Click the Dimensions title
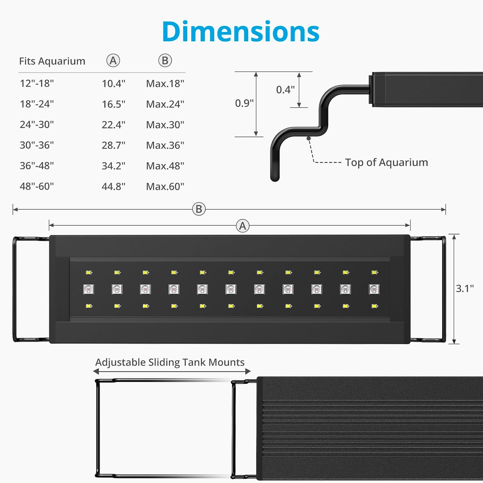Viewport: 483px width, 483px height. (241, 32)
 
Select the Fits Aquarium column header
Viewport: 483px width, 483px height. (52, 61)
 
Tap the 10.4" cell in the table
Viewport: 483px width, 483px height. (113, 83)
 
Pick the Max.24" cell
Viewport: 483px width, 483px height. (165, 104)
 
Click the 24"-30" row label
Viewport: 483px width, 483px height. (37, 124)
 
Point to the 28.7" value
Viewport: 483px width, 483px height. (113, 145)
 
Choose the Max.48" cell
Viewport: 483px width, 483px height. (165, 166)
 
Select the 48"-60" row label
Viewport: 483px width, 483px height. (37, 186)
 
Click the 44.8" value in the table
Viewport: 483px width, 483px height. (113, 186)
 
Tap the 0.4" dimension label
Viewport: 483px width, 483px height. (285, 90)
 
